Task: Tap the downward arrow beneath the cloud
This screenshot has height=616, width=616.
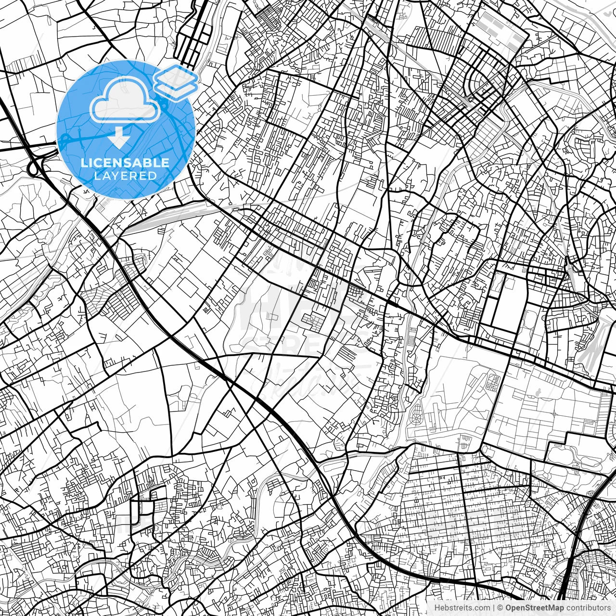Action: click(118, 138)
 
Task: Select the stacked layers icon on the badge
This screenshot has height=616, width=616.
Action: click(176, 82)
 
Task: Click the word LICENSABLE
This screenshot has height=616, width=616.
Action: click(125, 163)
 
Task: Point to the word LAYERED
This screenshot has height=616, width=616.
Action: click(125, 176)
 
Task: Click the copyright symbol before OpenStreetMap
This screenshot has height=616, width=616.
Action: click(500, 608)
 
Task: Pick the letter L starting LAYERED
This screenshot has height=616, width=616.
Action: click(96, 176)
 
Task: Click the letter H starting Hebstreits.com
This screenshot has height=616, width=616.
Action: click(436, 608)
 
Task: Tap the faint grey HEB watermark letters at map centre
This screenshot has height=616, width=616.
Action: click(269, 303)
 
